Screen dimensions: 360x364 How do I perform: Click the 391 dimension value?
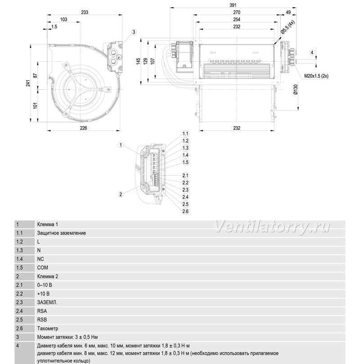233,5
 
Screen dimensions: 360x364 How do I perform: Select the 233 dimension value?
85,12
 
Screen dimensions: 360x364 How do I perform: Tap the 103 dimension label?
64,19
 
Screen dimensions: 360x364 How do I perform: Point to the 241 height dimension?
28,83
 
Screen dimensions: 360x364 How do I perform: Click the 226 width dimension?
83,128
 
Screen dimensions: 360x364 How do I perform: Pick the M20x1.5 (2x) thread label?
316,76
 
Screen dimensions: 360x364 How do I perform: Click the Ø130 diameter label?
295,89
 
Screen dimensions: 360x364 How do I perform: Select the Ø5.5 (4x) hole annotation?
288,27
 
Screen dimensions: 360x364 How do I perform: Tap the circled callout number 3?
134,32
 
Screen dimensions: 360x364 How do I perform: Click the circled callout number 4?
312,53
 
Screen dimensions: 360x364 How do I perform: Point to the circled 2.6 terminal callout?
185,211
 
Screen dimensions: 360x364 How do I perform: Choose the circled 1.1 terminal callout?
185,133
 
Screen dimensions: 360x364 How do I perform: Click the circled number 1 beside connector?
121,145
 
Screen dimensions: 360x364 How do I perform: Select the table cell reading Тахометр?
48,328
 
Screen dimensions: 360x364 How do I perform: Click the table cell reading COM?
43,268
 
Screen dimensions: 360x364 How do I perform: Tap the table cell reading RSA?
42,311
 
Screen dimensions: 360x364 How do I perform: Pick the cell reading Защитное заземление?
61,233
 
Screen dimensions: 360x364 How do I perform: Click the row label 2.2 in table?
19,293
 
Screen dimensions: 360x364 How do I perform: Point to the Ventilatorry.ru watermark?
272,226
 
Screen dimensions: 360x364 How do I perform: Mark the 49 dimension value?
288,12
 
